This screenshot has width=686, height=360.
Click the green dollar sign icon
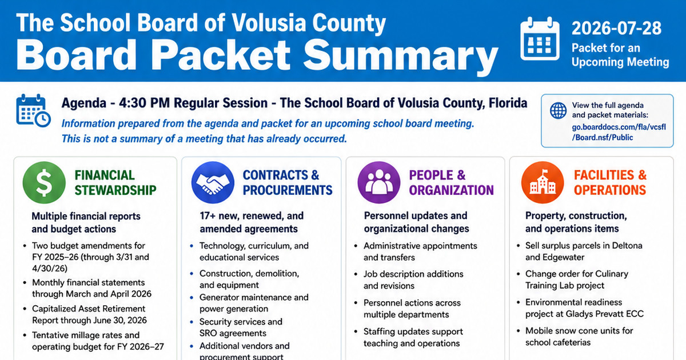click(x=44, y=183)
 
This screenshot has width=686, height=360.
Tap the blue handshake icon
click(x=213, y=183)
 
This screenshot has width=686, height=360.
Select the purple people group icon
click(x=379, y=183)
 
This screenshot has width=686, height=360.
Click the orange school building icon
click(x=543, y=183)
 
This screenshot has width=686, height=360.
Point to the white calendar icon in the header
click(x=540, y=38)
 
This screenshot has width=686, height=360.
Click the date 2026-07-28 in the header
click(x=616, y=28)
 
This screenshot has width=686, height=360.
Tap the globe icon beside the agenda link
click(x=559, y=110)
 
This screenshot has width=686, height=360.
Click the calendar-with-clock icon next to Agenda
click(x=33, y=110)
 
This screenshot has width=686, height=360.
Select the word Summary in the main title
click(x=401, y=56)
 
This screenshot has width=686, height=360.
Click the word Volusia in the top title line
click(x=269, y=23)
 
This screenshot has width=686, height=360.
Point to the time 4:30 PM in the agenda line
click(x=144, y=103)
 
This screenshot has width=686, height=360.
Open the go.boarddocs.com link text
click(x=619, y=132)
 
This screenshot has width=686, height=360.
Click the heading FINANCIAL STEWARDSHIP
click(x=115, y=183)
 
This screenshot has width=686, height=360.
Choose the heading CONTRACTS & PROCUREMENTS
click(x=288, y=183)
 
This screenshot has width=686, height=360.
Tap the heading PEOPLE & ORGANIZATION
click(x=452, y=183)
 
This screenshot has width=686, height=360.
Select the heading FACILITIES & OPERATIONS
click(x=610, y=183)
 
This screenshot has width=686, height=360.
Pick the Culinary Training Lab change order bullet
click(x=573, y=279)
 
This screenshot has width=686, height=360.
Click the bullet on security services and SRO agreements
click(x=237, y=327)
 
